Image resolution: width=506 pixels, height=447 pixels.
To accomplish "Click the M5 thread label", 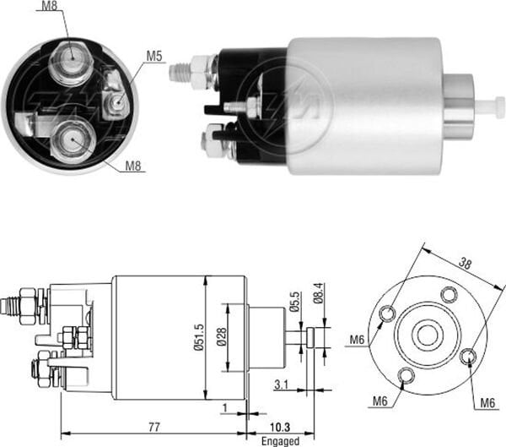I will [x=153, y=57].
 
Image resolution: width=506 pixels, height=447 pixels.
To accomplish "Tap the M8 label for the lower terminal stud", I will [x=133, y=165].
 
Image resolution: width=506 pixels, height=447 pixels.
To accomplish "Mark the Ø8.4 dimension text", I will [x=317, y=295].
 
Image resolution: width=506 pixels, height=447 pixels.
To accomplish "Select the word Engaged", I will [x=279, y=440].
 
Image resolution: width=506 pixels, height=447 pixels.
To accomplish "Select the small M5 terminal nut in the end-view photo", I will [x=116, y=105].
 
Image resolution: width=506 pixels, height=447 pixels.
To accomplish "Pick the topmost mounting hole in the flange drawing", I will [x=449, y=293].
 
